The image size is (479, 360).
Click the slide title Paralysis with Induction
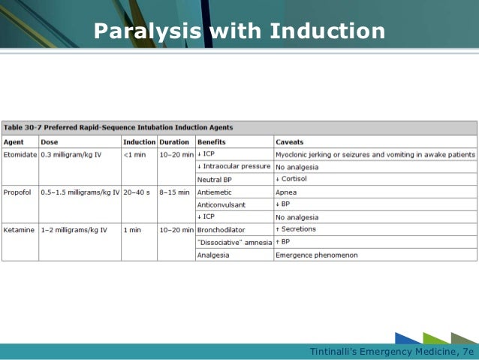click(x=239, y=32)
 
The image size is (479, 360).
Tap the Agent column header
click(x=14, y=141)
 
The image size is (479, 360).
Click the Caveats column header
click(x=290, y=141)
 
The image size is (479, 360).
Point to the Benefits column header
click(x=211, y=141)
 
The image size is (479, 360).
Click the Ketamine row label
click(x=20, y=229)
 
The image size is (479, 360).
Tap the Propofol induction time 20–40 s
click(x=137, y=192)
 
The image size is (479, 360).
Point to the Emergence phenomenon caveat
click(x=316, y=255)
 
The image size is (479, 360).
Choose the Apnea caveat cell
click(x=286, y=192)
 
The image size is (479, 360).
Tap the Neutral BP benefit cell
click(x=215, y=179)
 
